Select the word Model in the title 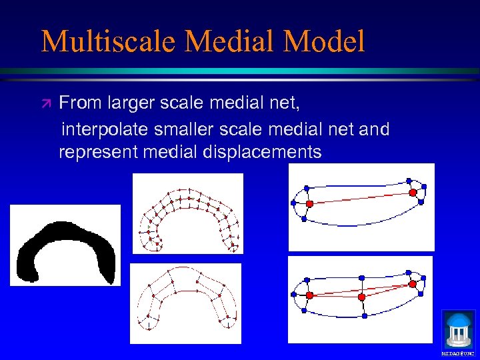pyautogui.click(x=324, y=42)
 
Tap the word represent pyautogui.click(x=98, y=153)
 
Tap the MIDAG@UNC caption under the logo pyautogui.click(x=458, y=351)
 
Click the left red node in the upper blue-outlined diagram pyautogui.click(x=309, y=203)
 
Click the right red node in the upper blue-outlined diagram pyautogui.click(x=413, y=192)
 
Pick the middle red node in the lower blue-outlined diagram pyautogui.click(x=361, y=296)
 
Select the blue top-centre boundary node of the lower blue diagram pyautogui.click(x=361, y=277)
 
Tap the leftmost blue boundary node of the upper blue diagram pyautogui.click(x=293, y=203)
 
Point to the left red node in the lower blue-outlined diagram pyautogui.click(x=309, y=295)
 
